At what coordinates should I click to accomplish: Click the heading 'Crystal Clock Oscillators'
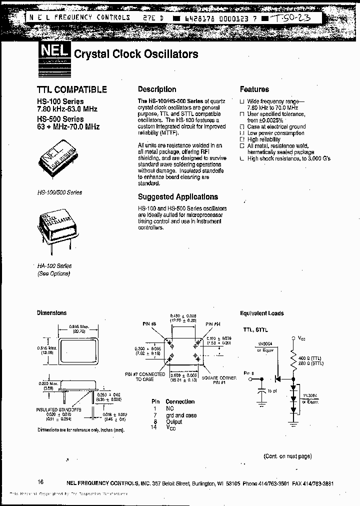[136, 54]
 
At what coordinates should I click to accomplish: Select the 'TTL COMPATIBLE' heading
[72, 90]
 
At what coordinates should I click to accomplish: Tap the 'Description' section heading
[157, 89]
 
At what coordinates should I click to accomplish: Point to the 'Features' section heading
[254, 89]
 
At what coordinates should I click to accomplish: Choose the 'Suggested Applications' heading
[178, 197]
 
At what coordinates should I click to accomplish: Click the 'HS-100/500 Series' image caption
[59, 192]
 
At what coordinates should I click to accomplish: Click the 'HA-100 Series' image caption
[54, 266]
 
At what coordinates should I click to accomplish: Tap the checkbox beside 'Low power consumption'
[242, 133]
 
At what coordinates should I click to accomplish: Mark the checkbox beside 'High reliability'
[242, 140]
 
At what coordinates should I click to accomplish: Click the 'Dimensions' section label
[51, 313]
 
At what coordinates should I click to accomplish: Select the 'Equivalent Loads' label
[261, 313]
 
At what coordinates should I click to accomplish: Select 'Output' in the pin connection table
[174, 421]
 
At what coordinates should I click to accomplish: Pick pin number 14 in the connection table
[153, 427]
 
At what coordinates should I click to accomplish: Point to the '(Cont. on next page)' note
[287, 456]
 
